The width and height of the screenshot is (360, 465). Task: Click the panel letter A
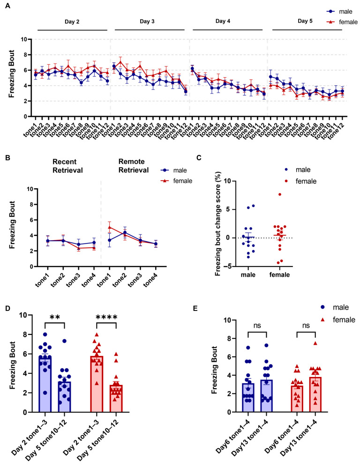pos(7,6)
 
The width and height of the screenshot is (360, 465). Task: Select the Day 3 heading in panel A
pos(147,22)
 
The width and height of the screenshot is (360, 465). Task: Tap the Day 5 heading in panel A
pos(305,21)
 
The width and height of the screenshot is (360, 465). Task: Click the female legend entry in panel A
pos(342,22)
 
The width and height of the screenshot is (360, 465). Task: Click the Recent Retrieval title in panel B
pos(67,166)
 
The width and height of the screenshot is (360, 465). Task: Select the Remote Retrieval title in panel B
pos(134,166)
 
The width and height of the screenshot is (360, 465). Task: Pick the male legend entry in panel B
pos(173,170)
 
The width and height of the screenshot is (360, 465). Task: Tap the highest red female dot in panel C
pos(279,194)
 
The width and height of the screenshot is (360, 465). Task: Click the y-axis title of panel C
pos(218,224)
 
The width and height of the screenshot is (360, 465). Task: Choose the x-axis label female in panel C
pos(279,274)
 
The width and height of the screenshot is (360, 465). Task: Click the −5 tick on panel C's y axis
pos(228,266)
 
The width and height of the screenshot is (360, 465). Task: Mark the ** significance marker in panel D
pos(55,317)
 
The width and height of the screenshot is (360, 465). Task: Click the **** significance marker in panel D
pos(106,317)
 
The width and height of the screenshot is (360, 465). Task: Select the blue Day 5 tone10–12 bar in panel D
pos(64,397)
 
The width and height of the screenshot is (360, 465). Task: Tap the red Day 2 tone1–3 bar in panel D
pos(97,384)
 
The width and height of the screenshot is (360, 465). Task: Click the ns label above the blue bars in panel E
pos(257,325)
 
